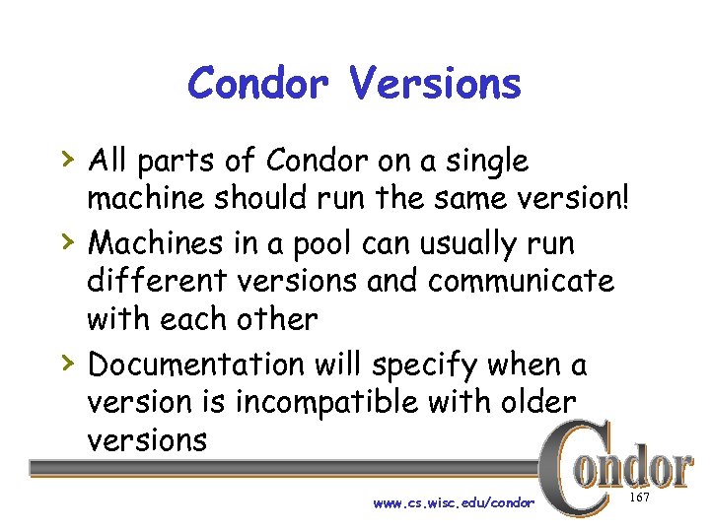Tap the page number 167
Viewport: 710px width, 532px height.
click(x=639, y=499)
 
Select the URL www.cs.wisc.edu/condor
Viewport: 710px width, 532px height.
click(x=454, y=502)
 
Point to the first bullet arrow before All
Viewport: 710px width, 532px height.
click(x=65, y=159)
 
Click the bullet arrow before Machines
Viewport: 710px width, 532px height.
click(x=65, y=240)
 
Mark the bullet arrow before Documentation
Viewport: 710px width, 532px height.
click(x=65, y=364)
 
